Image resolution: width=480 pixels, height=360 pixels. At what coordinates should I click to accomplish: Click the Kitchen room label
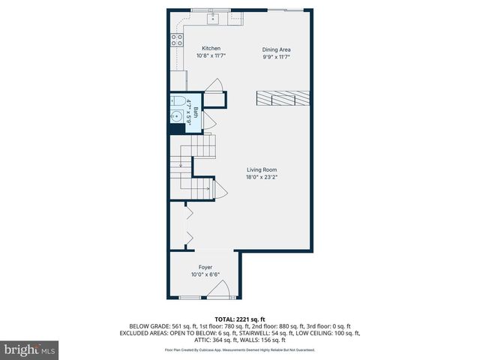(211, 48)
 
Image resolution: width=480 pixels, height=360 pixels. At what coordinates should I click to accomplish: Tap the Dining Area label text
(275, 49)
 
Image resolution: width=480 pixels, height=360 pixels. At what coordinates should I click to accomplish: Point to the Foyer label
(205, 267)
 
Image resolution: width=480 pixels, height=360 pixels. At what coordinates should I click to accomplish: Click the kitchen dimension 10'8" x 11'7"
(211, 55)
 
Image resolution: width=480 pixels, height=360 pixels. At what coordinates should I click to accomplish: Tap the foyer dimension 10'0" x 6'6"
(205, 274)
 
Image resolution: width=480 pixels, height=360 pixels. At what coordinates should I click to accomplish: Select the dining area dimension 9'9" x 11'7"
(275, 57)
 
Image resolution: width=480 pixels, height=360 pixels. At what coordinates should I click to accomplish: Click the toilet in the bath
(178, 101)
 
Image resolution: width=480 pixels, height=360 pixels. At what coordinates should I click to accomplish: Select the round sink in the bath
(176, 116)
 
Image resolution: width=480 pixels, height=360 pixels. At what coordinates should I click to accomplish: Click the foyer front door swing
(217, 291)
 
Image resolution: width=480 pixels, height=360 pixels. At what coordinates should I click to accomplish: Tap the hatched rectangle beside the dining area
(281, 97)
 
